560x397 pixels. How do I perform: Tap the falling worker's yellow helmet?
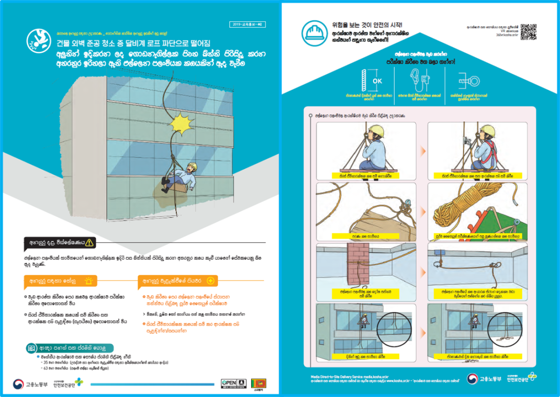192,167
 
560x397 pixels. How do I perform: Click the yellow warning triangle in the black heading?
91,242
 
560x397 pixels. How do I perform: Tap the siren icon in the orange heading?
89,281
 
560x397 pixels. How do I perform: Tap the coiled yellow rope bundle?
452,212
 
